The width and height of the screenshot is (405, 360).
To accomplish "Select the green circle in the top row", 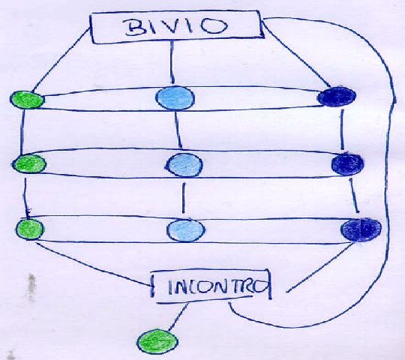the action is tap(27, 100).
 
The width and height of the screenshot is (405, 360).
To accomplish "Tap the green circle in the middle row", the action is tap(29, 163).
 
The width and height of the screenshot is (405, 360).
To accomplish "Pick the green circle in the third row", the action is tap(30, 229).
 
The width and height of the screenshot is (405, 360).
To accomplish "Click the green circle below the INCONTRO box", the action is tap(157, 341).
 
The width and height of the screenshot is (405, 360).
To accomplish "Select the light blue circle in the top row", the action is tap(175, 98).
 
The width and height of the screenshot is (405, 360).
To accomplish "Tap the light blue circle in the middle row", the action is tap(184, 165).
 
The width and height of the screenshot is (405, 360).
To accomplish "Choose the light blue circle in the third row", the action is tap(186, 230).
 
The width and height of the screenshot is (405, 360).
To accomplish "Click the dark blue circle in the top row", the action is tap(337, 96).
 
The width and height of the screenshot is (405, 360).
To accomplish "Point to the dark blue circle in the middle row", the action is tap(347, 164).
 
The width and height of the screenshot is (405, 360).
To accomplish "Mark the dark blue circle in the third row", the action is tap(361, 229).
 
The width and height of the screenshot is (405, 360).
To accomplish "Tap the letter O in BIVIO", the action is tap(214, 26).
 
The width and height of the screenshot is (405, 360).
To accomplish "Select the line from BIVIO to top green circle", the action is tap(61, 60).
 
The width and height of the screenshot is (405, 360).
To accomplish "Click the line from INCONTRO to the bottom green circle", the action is tap(178, 316).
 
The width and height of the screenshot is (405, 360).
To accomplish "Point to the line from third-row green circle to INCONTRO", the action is tap(93, 264).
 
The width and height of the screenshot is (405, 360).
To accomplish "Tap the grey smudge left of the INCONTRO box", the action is tap(31, 286).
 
